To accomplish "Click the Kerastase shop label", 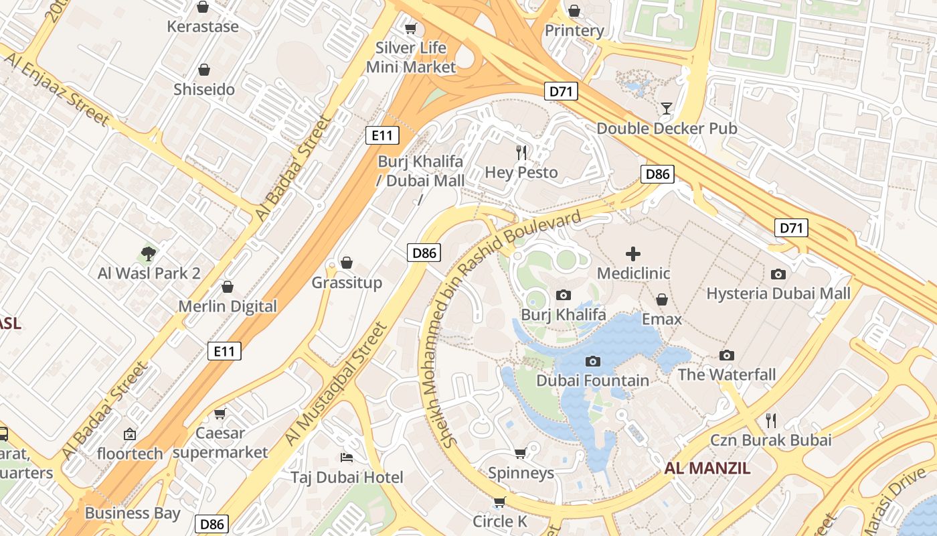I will [203, 27].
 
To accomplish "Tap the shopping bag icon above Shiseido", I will [204, 70].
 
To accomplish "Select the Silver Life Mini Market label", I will [411, 58].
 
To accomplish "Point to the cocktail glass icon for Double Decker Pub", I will [667, 109].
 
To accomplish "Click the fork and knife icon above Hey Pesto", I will [522, 153].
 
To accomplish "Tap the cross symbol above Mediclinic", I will [633, 254].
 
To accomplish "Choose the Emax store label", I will [662, 319].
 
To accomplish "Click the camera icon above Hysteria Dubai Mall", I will [778, 274].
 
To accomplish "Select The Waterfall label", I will [727, 375].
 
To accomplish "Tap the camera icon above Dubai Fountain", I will [592, 362].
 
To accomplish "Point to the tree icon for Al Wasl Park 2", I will [149, 254].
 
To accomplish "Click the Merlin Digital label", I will [228, 306].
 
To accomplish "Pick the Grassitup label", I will [347, 283].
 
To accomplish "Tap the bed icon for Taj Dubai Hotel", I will [347, 458].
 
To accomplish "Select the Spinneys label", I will [521, 473].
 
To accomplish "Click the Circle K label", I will [500, 521].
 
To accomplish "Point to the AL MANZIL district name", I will [707, 468].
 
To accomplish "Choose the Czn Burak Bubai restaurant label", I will [771, 440].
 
